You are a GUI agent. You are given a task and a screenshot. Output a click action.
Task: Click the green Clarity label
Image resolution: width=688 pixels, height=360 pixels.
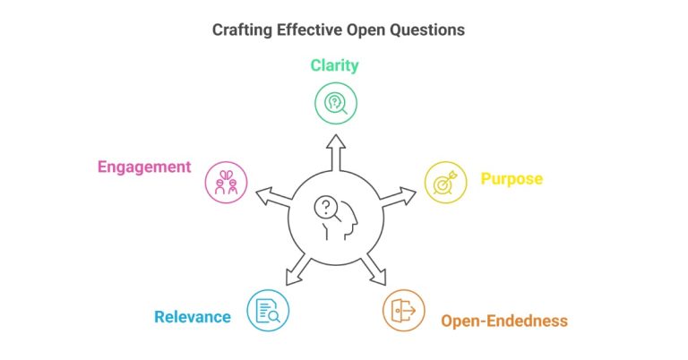point(336,64)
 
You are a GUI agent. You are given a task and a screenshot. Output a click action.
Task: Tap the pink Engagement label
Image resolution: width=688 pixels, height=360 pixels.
point(144,167)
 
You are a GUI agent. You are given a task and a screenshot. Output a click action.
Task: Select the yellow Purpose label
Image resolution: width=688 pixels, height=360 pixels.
point(512,178)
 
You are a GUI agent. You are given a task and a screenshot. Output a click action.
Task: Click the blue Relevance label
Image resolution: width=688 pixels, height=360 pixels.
point(192,316)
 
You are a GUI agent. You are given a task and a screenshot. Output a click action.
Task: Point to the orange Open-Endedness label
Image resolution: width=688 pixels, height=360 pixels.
point(503,321)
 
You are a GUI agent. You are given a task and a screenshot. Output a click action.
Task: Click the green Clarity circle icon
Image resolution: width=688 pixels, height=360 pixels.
point(336,102)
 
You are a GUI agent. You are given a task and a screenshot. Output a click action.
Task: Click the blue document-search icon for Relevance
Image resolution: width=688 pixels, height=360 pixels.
point(268,310)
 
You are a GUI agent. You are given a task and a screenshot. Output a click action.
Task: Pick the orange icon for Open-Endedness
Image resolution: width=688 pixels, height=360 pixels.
point(404,310)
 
